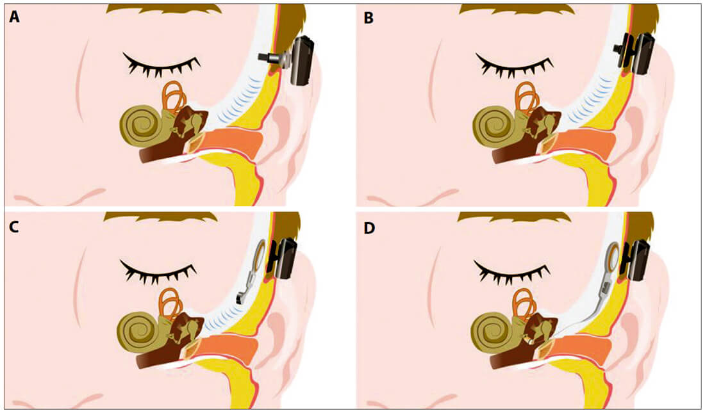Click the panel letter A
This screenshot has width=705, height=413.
pyautogui.click(x=14, y=17)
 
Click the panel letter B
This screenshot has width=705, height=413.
pyautogui.click(x=369, y=18)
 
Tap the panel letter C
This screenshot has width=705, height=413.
pyautogui.click(x=14, y=227)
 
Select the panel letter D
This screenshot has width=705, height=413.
pyautogui.click(x=369, y=228)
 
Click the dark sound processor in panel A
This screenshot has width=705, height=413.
pyautogui.click(x=302, y=60)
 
